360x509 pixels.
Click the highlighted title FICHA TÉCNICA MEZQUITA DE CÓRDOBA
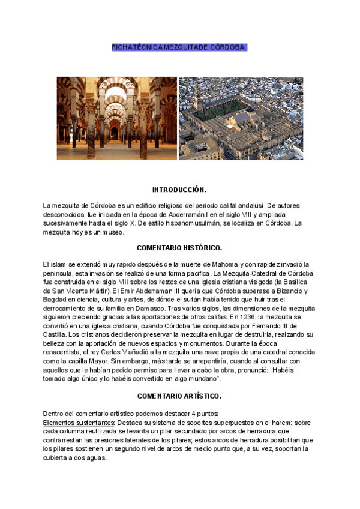[179, 47]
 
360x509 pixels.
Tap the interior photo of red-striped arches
[117, 118]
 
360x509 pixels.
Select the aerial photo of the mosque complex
[241, 118]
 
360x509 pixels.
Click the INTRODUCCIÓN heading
[179, 190]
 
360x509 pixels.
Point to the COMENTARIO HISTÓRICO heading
[179, 247]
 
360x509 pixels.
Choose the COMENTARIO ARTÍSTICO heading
[179, 396]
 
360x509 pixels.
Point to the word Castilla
[55, 334]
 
